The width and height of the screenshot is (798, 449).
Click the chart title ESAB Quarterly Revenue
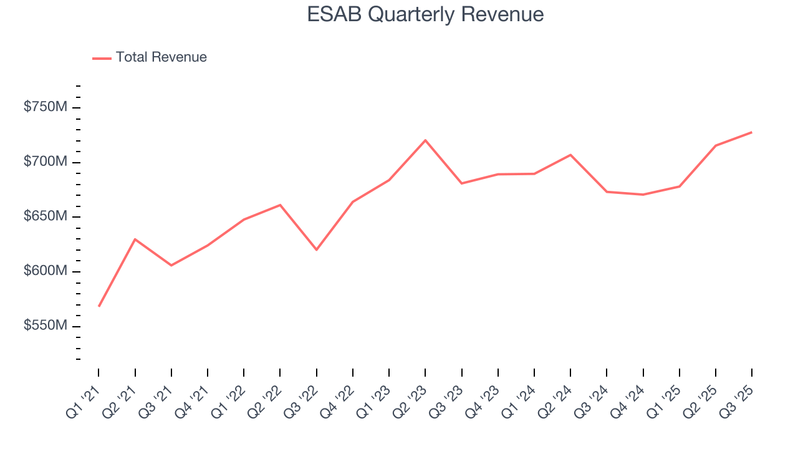425,14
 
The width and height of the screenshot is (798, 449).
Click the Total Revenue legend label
161,57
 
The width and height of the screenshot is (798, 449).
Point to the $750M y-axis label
45,107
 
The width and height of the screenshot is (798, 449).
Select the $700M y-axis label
45,162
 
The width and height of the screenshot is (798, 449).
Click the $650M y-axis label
45,216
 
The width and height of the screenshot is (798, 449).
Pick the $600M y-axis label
45,271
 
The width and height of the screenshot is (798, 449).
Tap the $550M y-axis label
45,326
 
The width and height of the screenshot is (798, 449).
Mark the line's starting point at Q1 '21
99,306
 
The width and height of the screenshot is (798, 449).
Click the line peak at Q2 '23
425,140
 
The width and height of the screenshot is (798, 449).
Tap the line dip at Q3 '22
316,249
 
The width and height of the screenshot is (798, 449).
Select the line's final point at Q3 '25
751,132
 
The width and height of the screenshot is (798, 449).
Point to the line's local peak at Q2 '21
135,239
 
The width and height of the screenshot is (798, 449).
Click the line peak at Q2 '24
570,155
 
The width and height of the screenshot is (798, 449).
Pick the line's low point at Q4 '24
643,195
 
